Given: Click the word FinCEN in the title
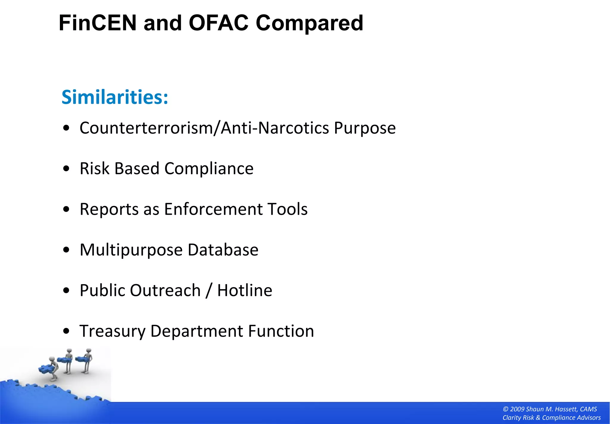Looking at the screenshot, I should click(x=97, y=23).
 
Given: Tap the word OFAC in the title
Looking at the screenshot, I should click(x=218, y=23).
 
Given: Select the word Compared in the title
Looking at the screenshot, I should click(x=309, y=24).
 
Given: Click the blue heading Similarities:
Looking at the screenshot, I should click(x=115, y=97).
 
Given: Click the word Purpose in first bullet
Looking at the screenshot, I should click(x=365, y=129).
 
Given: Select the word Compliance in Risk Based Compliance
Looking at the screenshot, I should click(x=209, y=169).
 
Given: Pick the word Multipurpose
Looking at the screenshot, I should click(x=131, y=250).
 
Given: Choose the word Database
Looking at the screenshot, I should click(x=223, y=250).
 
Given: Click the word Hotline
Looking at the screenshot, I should click(x=245, y=290).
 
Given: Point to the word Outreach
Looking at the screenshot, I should click(x=165, y=290).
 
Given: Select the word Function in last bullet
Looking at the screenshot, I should click(x=281, y=331).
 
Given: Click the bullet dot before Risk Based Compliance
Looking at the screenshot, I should click(x=66, y=169).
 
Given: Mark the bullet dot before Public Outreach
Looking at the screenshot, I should click(x=66, y=290).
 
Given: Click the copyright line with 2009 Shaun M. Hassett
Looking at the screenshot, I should click(x=550, y=409).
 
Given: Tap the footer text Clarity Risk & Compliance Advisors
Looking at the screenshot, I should click(x=551, y=418).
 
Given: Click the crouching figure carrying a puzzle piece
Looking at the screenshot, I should click(x=51, y=369).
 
